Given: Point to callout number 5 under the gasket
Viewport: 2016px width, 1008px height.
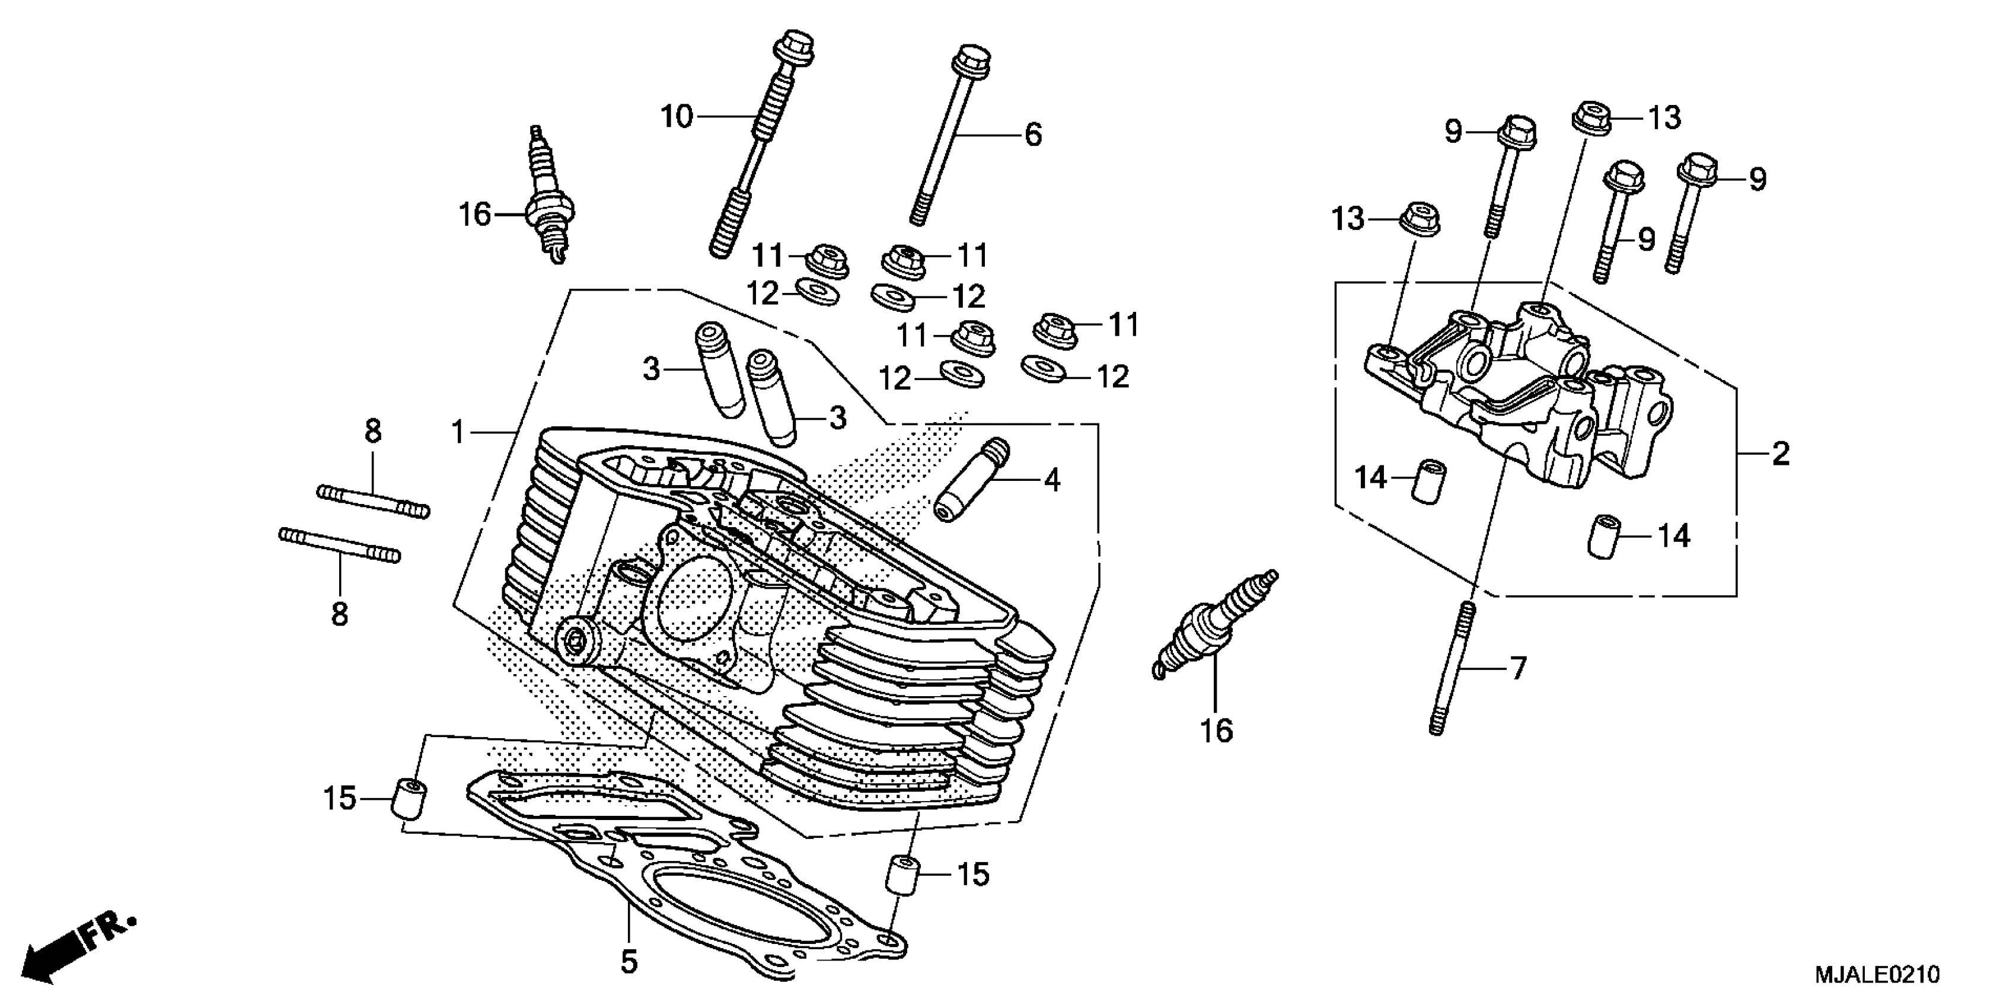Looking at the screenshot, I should point(629,962).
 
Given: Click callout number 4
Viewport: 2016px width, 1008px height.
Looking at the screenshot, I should point(1052,480).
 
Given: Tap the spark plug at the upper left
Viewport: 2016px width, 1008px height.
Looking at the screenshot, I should point(550,196).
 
